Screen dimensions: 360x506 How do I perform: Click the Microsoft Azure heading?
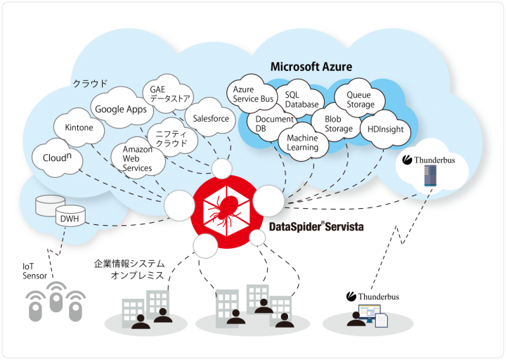point(311,67)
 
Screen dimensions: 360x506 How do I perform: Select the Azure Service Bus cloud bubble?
point(253,94)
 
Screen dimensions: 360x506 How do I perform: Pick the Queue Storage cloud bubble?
point(361,100)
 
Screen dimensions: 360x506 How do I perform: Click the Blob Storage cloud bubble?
point(339,124)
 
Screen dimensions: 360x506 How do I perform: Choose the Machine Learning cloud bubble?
point(302,143)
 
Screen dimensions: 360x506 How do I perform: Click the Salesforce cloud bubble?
point(211,119)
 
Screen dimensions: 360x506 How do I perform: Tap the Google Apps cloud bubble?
point(121,109)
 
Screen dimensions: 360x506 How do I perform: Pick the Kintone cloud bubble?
point(79,128)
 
